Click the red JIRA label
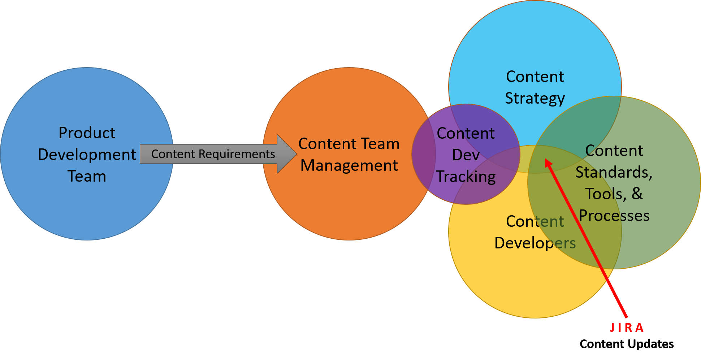[x=627, y=328]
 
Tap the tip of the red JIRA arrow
[x=546, y=160]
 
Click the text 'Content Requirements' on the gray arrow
[x=213, y=154]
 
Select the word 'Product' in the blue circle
[x=87, y=133]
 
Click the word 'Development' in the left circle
[x=87, y=155]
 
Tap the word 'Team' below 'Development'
[x=87, y=176]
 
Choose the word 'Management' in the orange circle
[x=349, y=165]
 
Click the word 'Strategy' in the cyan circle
[x=535, y=98]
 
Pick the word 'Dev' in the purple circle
[x=466, y=155]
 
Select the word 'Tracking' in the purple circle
[x=466, y=177]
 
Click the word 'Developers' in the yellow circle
[x=535, y=243]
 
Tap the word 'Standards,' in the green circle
[x=614, y=172]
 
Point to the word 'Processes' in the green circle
[x=614, y=216]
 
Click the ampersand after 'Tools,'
[x=637, y=194]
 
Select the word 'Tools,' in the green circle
[x=606, y=194]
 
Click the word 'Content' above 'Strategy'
[x=535, y=77]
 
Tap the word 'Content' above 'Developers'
[x=535, y=221]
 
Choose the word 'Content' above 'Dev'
[x=466, y=133]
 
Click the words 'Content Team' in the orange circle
[x=349, y=144]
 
